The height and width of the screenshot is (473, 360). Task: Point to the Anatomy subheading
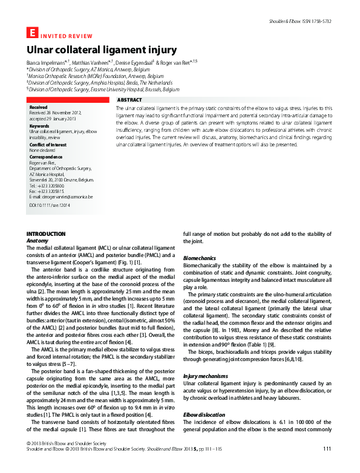point(37,240)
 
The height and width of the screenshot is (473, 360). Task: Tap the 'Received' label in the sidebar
point(38,106)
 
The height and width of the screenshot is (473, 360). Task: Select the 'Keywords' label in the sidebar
point(39,126)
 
